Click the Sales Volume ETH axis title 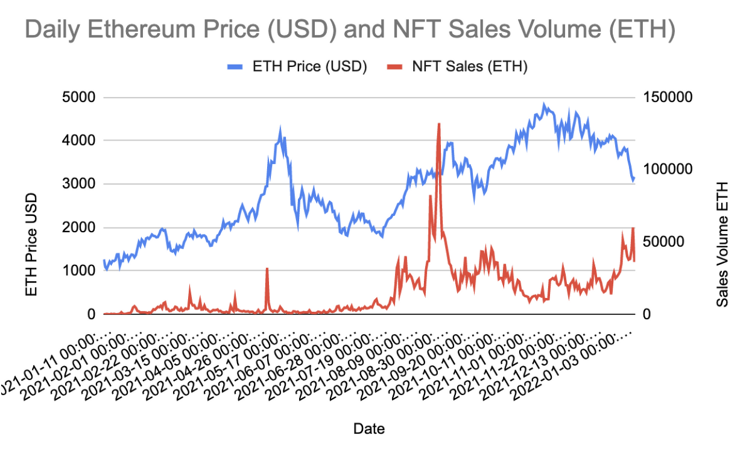tap(722, 244)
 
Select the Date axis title tap(369, 429)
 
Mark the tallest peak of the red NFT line tap(439, 124)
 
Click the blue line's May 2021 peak tap(280, 128)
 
